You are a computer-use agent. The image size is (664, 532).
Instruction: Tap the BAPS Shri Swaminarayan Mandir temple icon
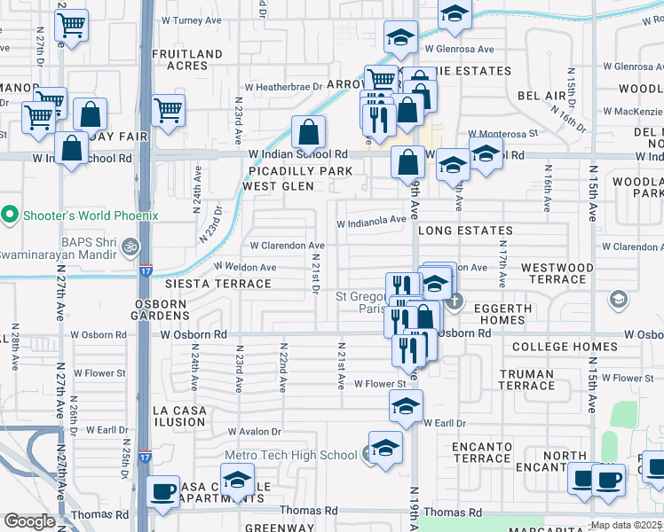coord(130,246)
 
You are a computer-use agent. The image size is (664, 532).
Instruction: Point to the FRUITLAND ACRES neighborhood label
coord(187,59)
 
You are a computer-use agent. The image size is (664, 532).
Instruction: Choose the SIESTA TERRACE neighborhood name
coord(217,284)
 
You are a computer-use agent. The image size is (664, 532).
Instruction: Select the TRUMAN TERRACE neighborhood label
coord(526,379)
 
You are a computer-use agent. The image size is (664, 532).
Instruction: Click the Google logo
coord(29,521)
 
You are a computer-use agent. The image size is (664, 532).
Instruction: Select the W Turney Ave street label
coord(191,20)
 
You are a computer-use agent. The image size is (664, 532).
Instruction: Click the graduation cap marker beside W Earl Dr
coord(406,409)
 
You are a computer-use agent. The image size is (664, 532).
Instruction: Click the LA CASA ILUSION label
coord(179,417)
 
